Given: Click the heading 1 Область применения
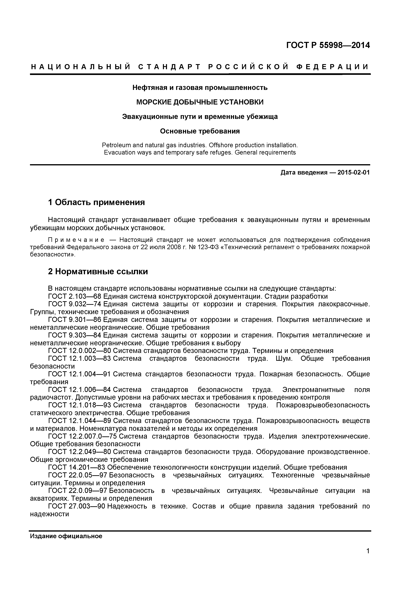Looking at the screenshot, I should pos(96,202).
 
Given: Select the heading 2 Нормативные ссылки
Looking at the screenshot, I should pos(98,272).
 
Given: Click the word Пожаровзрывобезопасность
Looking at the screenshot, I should pos(323,405).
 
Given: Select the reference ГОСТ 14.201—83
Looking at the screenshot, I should pos(77,467).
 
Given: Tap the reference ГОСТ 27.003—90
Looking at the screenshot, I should pos(77,506).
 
